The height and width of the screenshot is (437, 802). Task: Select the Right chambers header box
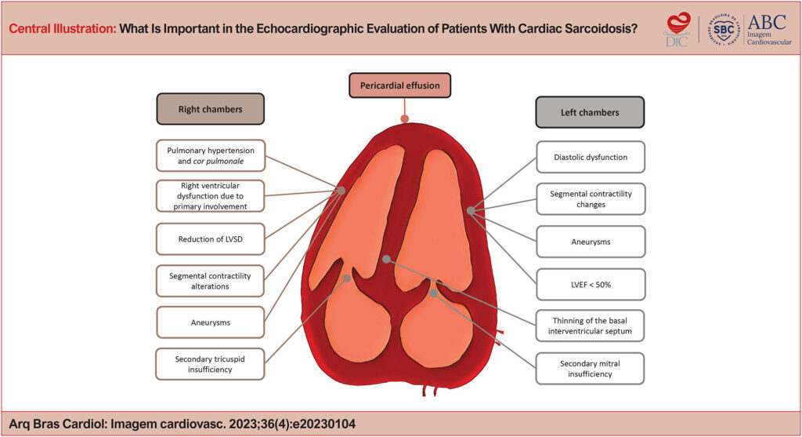pos(210,109)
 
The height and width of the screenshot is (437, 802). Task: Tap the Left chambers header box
pos(590,111)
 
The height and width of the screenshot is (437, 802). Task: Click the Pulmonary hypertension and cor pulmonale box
pos(210,154)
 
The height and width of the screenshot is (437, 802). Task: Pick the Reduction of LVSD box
pos(210,239)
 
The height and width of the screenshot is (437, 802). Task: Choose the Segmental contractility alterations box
pos(210,280)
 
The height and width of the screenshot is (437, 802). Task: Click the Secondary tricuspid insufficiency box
pos(210,364)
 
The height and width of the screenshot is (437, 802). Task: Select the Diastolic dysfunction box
pos(590,157)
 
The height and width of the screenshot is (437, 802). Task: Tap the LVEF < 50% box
pos(590,284)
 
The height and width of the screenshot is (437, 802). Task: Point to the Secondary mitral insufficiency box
pos(590,369)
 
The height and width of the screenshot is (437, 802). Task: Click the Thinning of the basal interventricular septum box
pos(590,326)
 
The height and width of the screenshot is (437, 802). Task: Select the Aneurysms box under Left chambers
pos(590,242)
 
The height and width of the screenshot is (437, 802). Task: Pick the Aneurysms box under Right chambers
pos(210,322)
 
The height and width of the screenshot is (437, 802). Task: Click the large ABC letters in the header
pos(767,21)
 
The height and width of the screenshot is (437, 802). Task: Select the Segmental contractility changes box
pos(590,199)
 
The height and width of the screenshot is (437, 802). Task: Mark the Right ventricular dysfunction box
pos(210,196)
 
